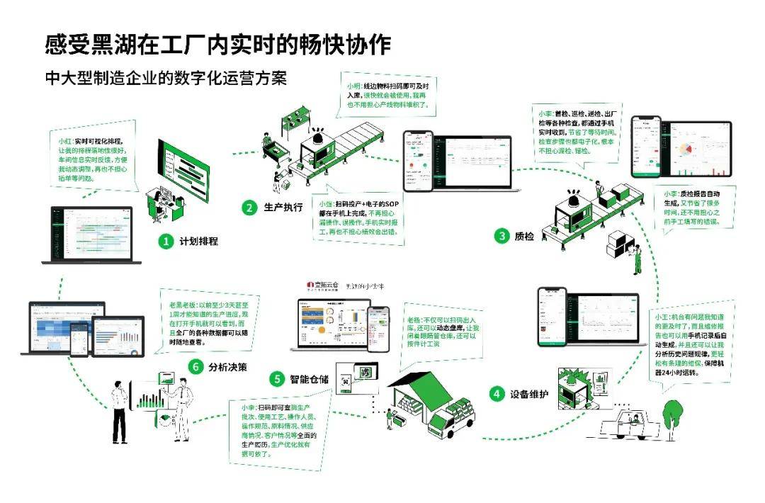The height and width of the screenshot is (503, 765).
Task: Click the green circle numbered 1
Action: tap(166, 242)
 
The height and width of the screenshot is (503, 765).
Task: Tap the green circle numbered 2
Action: tap(249, 208)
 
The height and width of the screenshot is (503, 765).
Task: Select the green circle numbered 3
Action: tap(501, 236)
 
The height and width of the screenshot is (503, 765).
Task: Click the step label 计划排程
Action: tap(199, 242)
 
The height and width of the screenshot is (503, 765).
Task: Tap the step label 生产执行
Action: tap(283, 208)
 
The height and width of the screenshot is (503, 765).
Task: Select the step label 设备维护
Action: tap(529, 394)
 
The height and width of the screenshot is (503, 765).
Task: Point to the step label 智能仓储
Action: tap(310, 379)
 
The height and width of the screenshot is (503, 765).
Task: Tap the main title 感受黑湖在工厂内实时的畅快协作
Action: tap(217, 45)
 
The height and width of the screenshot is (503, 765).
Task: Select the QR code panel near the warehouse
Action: tap(353, 383)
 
